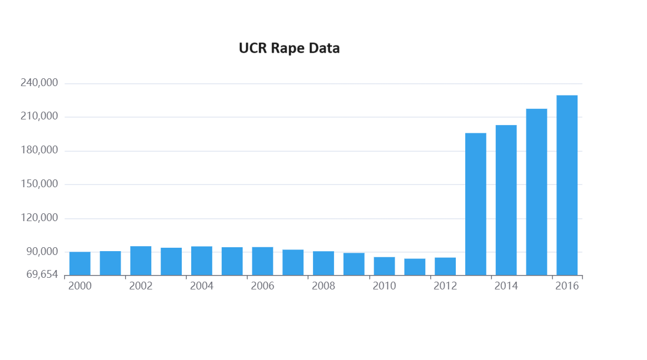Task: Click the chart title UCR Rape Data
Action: (x=289, y=48)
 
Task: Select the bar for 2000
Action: (x=80, y=263)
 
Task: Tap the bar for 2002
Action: (x=141, y=261)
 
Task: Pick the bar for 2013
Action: (x=476, y=204)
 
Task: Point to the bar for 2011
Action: (x=415, y=267)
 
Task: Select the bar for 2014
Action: (x=506, y=200)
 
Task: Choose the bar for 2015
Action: (x=536, y=192)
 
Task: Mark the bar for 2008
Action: (x=323, y=263)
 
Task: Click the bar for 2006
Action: (x=262, y=261)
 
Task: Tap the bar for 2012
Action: (x=445, y=266)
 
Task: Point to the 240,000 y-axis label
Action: (x=39, y=83)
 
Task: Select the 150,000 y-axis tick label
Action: (x=39, y=184)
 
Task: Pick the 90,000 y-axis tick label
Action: (x=42, y=252)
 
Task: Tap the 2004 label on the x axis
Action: (x=202, y=286)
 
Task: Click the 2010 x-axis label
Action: (x=384, y=286)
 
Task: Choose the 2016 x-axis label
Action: (x=567, y=286)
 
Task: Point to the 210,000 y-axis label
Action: (x=39, y=117)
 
